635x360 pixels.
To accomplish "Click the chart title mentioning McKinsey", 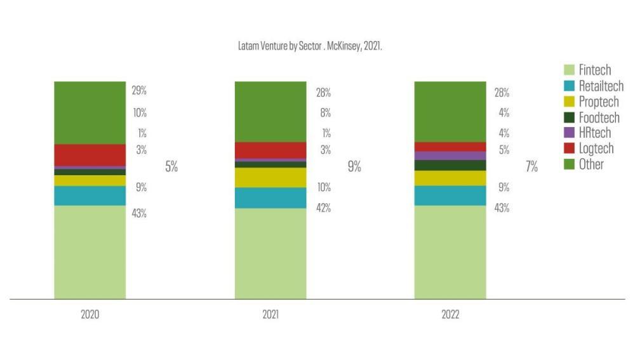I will click(309, 47).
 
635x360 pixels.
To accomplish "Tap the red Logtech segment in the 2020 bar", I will click(90, 155).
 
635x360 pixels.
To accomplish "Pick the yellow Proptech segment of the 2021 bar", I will click(270, 177).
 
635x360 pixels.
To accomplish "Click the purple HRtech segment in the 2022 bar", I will click(450, 156).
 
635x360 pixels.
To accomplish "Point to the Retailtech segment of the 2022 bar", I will click(450, 196).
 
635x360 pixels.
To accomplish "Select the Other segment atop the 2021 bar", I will click(270, 111).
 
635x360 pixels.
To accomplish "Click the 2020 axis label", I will click(90, 315).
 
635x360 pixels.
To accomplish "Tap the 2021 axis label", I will click(270, 315).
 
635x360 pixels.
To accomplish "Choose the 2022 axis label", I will click(450, 315).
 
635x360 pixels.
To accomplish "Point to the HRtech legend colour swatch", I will click(569, 133).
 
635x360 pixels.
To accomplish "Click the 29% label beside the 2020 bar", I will click(139, 91).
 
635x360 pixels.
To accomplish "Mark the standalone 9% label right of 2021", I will click(354, 167).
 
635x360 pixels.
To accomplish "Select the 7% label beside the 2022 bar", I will click(531, 167).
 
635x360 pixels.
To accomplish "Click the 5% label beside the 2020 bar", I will click(171, 167).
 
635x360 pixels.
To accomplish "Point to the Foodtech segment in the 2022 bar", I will click(450, 165).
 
